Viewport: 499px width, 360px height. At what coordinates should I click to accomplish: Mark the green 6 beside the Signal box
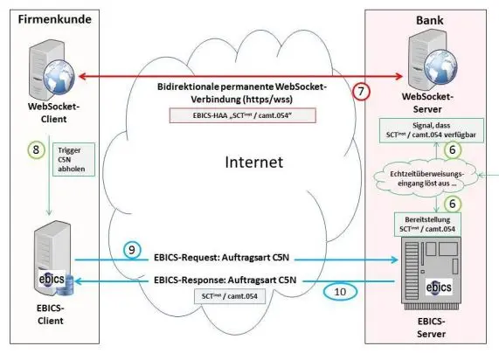tap(476, 150)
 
